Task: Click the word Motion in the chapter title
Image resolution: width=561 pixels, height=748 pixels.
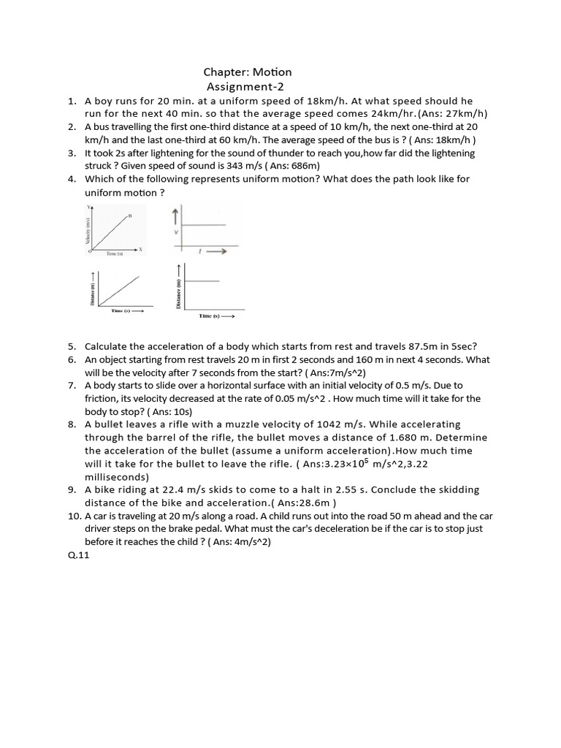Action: [x=272, y=72]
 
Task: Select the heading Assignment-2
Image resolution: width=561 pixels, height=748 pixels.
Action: [x=245, y=86]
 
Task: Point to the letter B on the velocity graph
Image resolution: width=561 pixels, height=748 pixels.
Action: [x=130, y=215]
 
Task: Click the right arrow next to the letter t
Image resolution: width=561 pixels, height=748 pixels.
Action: [x=218, y=251]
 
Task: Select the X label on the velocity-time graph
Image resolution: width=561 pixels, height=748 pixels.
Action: [x=140, y=249]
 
